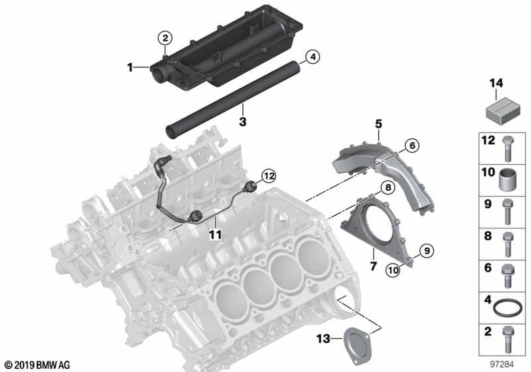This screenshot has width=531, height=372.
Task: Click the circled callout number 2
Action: tap(166, 38)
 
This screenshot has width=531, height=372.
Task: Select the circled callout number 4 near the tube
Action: tap(312, 56)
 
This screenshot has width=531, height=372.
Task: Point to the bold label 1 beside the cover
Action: tap(130, 67)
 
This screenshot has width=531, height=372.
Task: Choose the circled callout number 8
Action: tap(388, 188)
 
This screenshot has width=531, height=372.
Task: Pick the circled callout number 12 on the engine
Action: tap(269, 175)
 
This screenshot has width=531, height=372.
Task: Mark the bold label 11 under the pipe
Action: tap(216, 233)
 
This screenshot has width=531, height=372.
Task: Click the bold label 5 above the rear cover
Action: tap(379, 124)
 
